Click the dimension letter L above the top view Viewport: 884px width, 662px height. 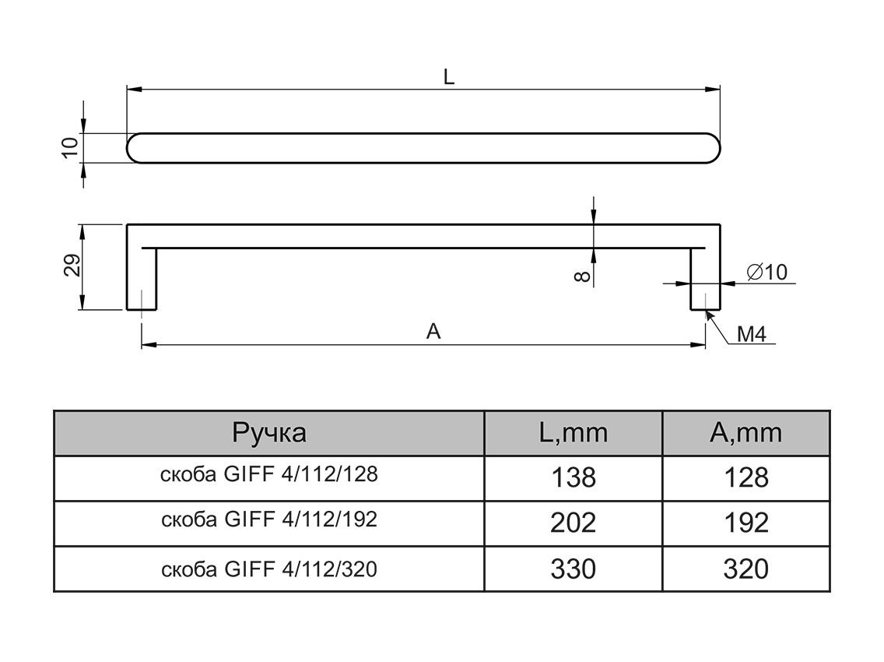(x=449, y=76)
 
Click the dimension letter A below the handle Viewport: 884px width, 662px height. (x=433, y=332)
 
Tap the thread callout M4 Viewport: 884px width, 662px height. (x=752, y=335)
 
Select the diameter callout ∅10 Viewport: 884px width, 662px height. (x=767, y=272)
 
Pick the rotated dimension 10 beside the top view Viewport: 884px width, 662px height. (x=70, y=147)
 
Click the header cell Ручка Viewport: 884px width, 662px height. (x=269, y=433)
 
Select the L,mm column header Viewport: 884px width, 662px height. (x=573, y=433)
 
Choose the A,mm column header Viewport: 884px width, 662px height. (x=745, y=433)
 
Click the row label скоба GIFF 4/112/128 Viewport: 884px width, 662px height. (x=269, y=474)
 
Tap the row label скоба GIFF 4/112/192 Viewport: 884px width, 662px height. (x=269, y=519)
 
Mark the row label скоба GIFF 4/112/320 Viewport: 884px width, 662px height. (x=269, y=569)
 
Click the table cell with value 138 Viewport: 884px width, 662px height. (x=573, y=477)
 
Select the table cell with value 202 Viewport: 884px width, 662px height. (x=573, y=522)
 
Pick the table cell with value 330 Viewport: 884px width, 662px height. (x=573, y=569)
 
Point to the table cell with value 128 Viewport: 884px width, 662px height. (x=745, y=477)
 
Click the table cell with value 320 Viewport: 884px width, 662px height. (x=745, y=569)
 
